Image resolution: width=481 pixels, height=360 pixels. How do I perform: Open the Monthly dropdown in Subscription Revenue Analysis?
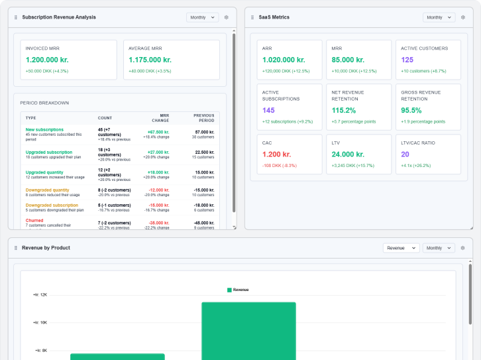[203, 17]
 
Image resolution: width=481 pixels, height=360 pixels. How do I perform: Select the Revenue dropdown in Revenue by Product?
[401, 247]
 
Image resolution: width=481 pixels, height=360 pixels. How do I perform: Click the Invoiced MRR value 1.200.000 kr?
[47, 60]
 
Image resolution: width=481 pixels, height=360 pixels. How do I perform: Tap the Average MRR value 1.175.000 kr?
[150, 60]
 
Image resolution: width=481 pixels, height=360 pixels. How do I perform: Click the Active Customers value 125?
[407, 60]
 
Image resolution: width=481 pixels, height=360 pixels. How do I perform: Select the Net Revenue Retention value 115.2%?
[344, 111]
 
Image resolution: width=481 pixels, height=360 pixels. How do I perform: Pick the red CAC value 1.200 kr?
[278, 154]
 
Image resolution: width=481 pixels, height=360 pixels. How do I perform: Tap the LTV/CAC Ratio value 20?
[405, 154]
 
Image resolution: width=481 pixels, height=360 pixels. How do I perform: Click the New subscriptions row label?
[44, 129]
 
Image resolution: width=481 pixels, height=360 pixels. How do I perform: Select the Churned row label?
[34, 220]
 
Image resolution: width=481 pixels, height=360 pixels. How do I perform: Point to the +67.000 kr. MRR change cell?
[158, 132]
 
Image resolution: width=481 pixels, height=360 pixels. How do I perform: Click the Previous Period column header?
[204, 117]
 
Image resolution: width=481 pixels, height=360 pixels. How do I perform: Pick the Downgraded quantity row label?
[48, 190]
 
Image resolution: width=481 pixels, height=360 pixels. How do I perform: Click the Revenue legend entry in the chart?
[238, 290]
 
